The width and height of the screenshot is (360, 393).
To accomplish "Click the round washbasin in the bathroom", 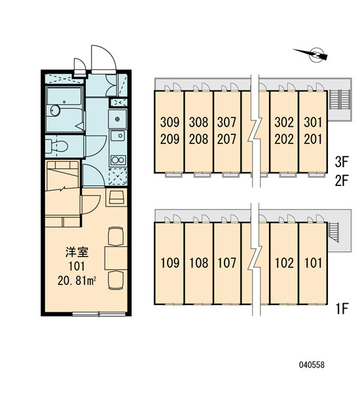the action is (55, 110).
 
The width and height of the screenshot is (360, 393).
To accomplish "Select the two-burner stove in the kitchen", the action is (118, 160).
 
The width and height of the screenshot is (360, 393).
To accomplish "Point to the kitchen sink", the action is (118, 136).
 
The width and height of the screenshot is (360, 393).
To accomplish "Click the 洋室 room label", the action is (77, 252).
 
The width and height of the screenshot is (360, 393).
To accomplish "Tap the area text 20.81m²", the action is (77, 281).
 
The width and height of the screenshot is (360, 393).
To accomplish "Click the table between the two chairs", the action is (116, 258).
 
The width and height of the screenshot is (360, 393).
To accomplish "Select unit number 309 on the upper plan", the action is (170, 122).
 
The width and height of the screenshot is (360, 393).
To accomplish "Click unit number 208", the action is (198, 139).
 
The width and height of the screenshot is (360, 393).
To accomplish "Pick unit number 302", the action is (284, 122).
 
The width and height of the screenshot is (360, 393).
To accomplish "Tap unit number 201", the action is (313, 139).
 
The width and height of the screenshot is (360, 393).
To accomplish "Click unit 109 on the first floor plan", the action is (170, 263).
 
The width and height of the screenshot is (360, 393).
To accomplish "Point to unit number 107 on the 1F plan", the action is (226, 263).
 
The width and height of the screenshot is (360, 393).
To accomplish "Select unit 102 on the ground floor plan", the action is (284, 263).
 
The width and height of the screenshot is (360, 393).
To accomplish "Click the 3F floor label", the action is (342, 162).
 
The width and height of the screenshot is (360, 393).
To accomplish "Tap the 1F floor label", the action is (342, 309).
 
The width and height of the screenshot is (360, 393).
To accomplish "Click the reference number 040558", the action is (312, 365).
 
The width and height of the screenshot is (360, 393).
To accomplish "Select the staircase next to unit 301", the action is (340, 100).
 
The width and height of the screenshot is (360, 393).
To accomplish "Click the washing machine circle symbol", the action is (118, 119).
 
